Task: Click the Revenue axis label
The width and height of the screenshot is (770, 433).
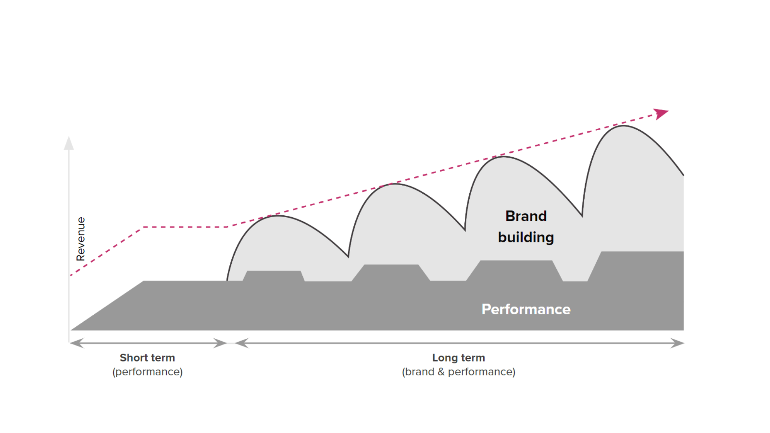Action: [81, 239]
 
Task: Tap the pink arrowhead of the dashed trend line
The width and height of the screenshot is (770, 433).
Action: [661, 114]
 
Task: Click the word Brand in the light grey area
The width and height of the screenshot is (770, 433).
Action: [526, 216]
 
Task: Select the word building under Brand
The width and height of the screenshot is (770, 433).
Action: [526, 237]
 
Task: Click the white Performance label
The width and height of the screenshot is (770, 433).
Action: [526, 309]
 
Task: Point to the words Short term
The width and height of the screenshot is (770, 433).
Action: [147, 358]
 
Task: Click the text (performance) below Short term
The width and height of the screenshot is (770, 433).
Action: [147, 372]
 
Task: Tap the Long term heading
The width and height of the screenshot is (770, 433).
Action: [458, 358]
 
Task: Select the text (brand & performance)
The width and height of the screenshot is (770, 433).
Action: [458, 372]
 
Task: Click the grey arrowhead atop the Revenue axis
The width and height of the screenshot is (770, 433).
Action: [69, 143]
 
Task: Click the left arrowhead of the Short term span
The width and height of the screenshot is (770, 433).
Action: [77, 343]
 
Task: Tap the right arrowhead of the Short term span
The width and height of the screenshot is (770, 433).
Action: [220, 343]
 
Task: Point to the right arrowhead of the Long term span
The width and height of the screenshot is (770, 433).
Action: [677, 343]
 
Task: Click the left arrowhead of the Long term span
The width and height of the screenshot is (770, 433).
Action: [242, 343]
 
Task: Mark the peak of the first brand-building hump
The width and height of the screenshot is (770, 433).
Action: [278, 216]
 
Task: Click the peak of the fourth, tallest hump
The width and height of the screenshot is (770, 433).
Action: [624, 125]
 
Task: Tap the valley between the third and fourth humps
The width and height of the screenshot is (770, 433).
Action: [582, 216]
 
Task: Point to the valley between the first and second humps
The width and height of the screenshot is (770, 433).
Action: [348, 257]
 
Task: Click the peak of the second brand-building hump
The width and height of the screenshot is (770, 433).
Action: [394, 184]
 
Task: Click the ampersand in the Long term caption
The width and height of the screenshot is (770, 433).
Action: [441, 372]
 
